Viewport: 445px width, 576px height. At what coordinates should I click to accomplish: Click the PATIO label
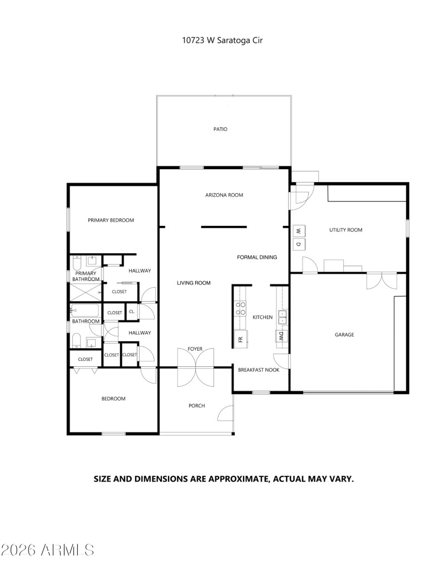tap(220, 129)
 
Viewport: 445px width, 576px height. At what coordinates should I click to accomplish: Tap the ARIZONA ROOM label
tap(224, 195)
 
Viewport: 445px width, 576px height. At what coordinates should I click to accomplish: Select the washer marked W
tap(299, 231)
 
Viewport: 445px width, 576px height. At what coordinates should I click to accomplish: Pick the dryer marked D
tap(299, 244)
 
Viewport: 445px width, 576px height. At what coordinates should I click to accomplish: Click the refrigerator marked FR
tap(240, 339)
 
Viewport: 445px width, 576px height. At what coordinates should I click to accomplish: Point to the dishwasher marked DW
tap(281, 336)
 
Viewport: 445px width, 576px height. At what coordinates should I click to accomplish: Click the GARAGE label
tap(344, 334)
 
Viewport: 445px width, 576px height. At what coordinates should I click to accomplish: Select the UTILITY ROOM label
tap(346, 229)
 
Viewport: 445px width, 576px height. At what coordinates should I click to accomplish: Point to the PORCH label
tap(196, 406)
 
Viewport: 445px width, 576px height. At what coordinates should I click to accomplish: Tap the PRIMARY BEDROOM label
tap(111, 220)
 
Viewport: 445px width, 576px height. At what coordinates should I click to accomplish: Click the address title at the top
tap(222, 40)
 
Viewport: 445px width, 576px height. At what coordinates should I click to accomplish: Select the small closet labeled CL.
tap(132, 312)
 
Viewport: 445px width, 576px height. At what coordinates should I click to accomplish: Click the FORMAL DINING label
tap(257, 257)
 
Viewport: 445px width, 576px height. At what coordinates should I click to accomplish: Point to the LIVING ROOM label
tap(194, 283)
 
